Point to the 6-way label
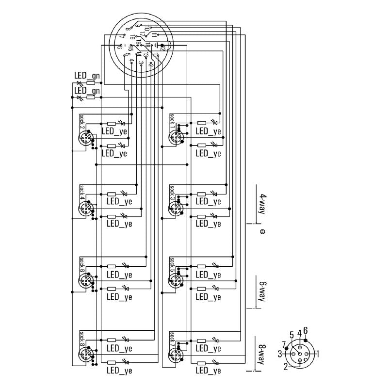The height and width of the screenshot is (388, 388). (x=262, y=291)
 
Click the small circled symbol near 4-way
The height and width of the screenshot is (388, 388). (x=262, y=232)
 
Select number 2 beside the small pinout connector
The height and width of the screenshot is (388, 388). (x=286, y=367)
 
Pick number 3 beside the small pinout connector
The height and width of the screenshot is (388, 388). (x=280, y=354)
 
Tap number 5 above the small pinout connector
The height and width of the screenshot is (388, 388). (x=292, y=334)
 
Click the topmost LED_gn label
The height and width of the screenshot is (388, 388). (x=87, y=76)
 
